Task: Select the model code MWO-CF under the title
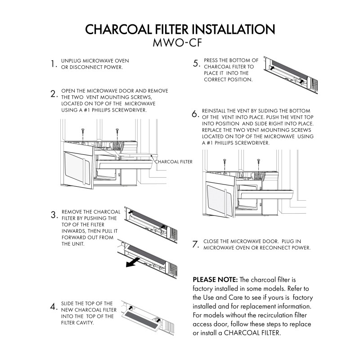click(x=180, y=44)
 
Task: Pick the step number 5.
click(x=196, y=63)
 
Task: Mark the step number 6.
click(x=195, y=114)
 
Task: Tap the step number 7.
click(x=196, y=245)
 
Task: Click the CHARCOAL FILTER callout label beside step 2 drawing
click(x=174, y=161)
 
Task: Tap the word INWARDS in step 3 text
click(x=74, y=231)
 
